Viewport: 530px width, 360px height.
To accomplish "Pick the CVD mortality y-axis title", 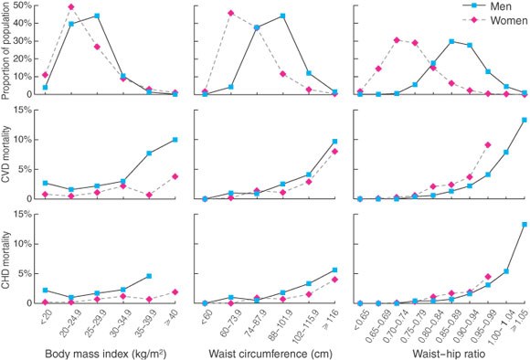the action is click(5, 154).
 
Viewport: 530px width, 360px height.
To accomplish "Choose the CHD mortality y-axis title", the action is click(5, 260).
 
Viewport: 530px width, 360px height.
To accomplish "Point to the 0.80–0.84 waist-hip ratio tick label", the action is click(426, 321).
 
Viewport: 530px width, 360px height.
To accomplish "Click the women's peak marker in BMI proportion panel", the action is click(71, 6).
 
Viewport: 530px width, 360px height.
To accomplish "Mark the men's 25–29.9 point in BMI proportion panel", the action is click(98, 16).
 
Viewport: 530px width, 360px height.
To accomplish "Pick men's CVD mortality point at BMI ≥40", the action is click(175, 140).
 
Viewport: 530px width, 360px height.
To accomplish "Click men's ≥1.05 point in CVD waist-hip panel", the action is click(525, 120).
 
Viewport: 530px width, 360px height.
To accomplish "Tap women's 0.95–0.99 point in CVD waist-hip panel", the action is click(488, 145).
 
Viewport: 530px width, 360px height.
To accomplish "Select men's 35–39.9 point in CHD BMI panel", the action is click(149, 276).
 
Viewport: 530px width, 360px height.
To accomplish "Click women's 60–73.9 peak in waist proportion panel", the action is click(231, 13).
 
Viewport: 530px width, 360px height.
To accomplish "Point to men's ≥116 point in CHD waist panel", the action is click(334, 270).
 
